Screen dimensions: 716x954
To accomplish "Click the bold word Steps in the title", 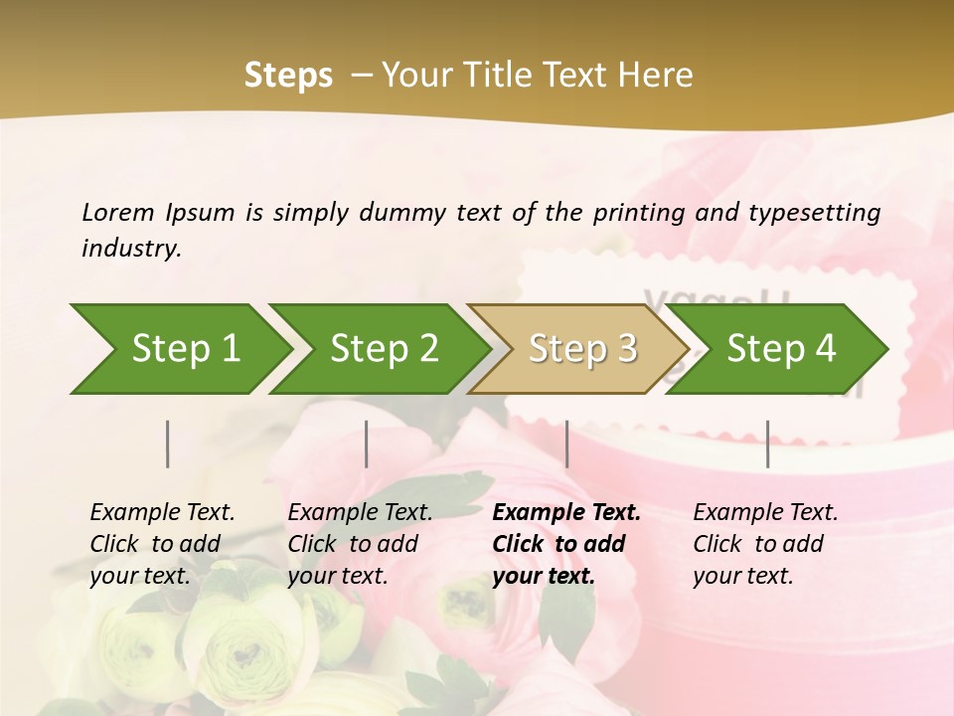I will pos(288,76).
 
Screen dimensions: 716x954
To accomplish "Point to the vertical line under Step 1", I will pos(168,444).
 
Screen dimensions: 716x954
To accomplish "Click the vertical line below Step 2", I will pos(367,444).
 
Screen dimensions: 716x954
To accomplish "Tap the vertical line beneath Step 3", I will pos(567,444).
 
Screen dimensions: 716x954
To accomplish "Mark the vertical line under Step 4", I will pos(768,444).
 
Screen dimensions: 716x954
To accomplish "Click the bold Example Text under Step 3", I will pos(566,513).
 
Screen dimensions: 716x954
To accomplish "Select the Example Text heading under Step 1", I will pos(162,513).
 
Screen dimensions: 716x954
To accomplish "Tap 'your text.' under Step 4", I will pos(743,576).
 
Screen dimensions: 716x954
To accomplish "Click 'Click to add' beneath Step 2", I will pos(353,544).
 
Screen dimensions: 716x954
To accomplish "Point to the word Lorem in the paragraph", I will pos(118,213).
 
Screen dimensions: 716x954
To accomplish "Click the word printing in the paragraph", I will pos(637,213).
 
